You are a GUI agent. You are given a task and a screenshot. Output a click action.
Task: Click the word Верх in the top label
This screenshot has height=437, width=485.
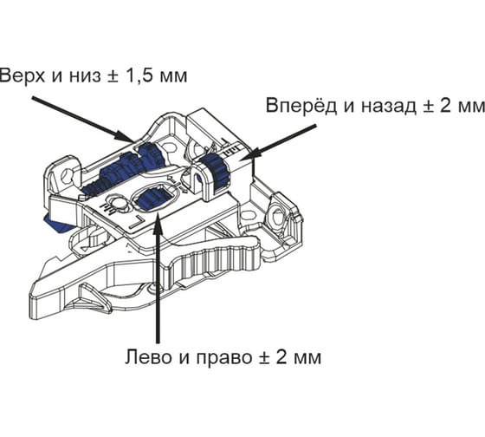[x=23, y=75]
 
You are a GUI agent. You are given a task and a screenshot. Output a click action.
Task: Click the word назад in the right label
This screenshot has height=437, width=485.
[x=389, y=107]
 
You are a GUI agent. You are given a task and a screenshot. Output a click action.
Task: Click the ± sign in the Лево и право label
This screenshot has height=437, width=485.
[x=264, y=358]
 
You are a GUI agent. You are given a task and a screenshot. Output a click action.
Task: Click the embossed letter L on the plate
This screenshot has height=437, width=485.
[x=136, y=223]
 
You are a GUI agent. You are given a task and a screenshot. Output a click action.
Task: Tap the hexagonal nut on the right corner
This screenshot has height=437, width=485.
[x=277, y=214]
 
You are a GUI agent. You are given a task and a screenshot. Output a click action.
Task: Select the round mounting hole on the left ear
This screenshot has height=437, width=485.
[x=66, y=177]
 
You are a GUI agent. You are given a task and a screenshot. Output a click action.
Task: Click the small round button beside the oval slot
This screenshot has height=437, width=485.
[x=118, y=203]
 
